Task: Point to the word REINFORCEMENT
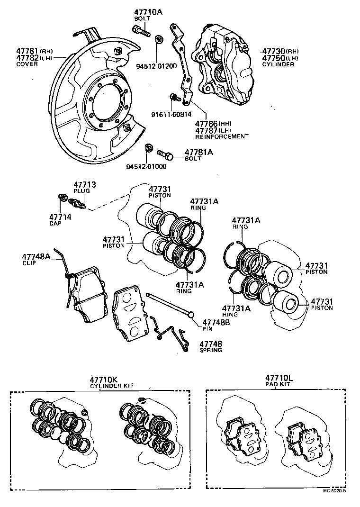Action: pos(222,136)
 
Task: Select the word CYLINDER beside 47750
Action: pos(278,64)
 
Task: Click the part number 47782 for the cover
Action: pos(27,57)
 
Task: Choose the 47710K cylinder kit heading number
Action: pos(103,380)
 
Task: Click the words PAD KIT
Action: pos(279,384)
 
